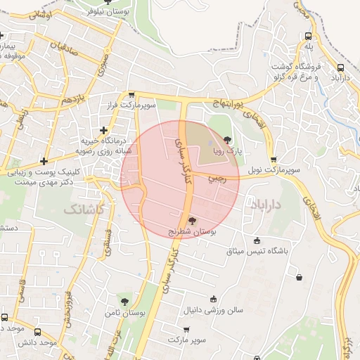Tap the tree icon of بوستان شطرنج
click(x=193, y=220)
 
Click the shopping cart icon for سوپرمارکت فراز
click(x=131, y=95)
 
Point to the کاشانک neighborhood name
click(x=84, y=210)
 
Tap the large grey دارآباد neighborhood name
click(x=265, y=204)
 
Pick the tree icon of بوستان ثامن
click(x=124, y=302)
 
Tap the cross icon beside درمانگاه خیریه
click(x=104, y=129)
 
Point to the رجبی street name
click(x=218, y=179)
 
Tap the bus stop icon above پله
click(x=309, y=36)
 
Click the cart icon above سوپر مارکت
click(x=186, y=330)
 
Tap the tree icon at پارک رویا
click(x=226, y=140)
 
